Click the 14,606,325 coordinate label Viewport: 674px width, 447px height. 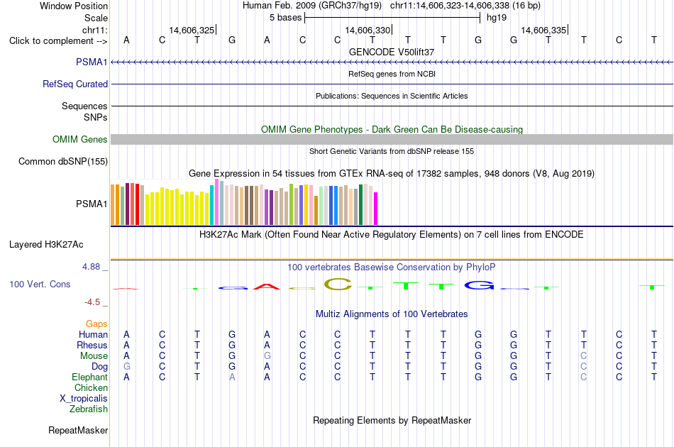click(x=192, y=30)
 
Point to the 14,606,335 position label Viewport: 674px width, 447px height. click(x=543, y=30)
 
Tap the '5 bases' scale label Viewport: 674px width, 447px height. click(x=285, y=18)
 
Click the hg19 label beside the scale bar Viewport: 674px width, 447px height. click(x=497, y=18)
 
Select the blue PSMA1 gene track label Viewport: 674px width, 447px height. click(x=92, y=62)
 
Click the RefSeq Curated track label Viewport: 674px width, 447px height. click(x=75, y=84)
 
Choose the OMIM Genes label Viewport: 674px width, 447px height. click(x=80, y=139)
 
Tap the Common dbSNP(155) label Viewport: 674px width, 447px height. click(x=63, y=161)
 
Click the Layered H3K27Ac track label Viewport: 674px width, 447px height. click(x=46, y=245)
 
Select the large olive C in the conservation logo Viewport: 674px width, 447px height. click(x=338, y=284)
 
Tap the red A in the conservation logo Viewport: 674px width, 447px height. click(x=267, y=286)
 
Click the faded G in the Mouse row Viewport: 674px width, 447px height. click(x=267, y=356)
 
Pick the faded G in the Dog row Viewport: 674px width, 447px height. click(x=126, y=367)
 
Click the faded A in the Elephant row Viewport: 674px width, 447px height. click(x=232, y=377)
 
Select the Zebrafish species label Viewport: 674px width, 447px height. click(x=89, y=409)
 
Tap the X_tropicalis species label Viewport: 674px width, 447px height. click(x=84, y=399)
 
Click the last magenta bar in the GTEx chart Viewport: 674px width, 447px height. click(x=376, y=209)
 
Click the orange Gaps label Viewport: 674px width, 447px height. click(x=96, y=324)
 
